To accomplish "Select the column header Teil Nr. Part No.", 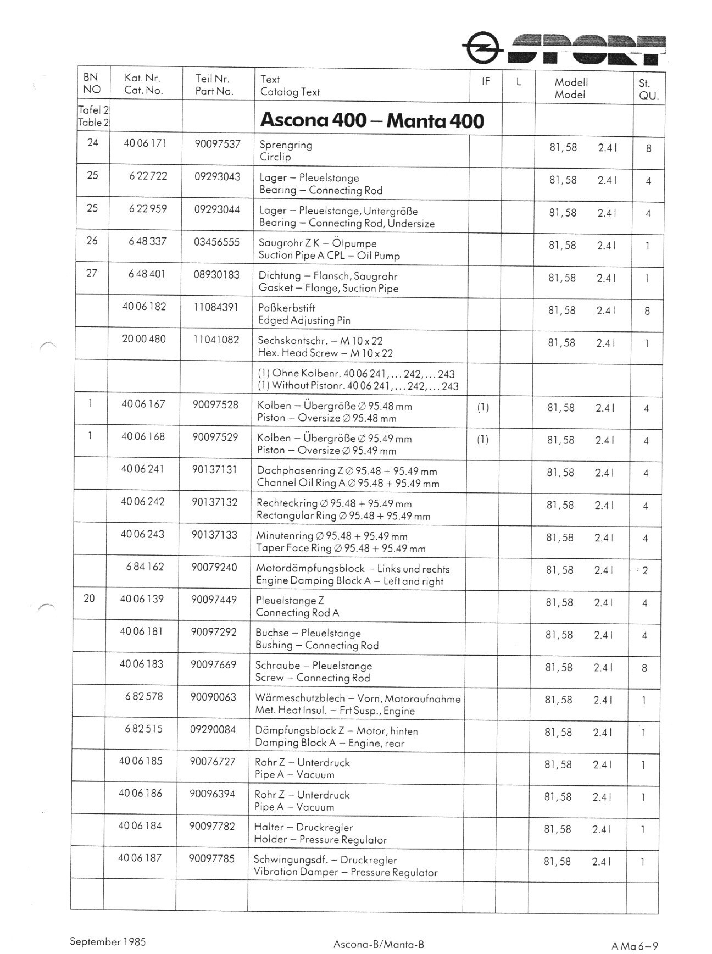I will [x=214, y=85].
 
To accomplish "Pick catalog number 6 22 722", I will [x=148, y=176].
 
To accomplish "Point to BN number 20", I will [x=89, y=598].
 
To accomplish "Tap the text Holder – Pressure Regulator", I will [x=320, y=839].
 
